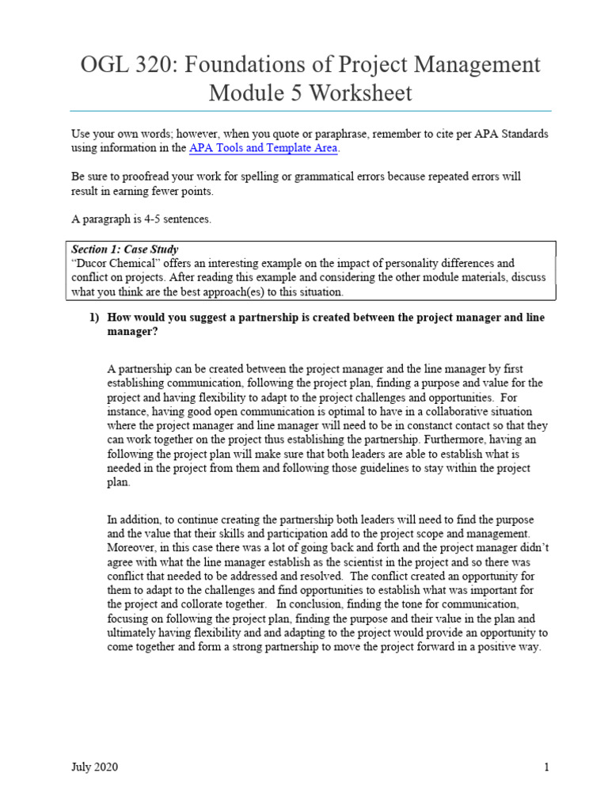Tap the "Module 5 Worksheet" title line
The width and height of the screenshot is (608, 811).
point(310,93)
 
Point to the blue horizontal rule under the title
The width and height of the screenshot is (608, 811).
point(310,111)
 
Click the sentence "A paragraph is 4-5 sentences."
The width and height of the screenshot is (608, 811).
point(141,219)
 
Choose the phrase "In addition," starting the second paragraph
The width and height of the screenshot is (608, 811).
point(134,520)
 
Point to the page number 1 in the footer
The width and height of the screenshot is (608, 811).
point(546,767)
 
